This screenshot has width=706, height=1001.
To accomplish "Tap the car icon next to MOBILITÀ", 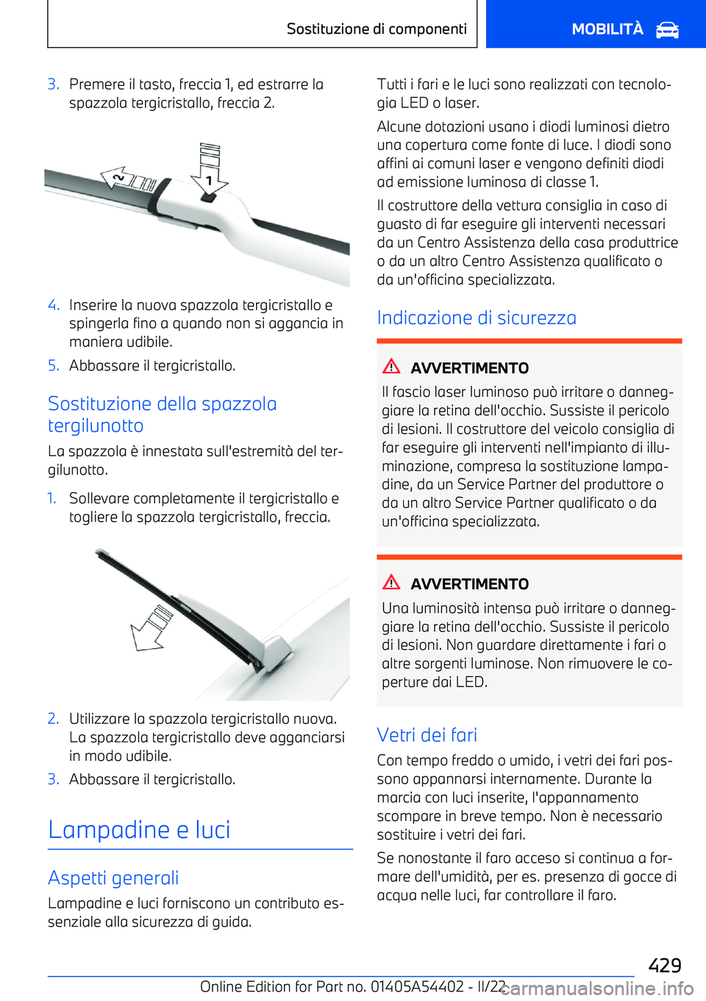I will coord(667,30).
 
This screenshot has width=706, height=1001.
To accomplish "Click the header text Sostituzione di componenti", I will coord(377,29).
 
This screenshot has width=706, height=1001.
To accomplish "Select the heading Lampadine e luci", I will coord(139,830).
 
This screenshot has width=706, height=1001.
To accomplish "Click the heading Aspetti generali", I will coord(113,878).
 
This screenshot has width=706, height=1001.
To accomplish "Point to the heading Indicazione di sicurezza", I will coord(476,317).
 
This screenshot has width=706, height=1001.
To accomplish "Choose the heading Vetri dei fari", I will coord(427,735).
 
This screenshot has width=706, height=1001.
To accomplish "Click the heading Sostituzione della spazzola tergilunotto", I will coord(162,415).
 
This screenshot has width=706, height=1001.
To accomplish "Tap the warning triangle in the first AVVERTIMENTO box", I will coord(391,366).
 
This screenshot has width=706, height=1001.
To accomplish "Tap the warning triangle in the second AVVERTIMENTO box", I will coord(391,582).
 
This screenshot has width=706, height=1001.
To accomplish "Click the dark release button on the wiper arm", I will coord(209,198).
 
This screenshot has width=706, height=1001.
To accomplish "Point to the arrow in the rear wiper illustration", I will coord(151,628).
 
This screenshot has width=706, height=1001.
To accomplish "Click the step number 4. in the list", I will coord(53,305).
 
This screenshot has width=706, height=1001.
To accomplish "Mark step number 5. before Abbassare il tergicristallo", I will coord(53,365).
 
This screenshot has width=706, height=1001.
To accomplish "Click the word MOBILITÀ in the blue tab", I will coord(607,29).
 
